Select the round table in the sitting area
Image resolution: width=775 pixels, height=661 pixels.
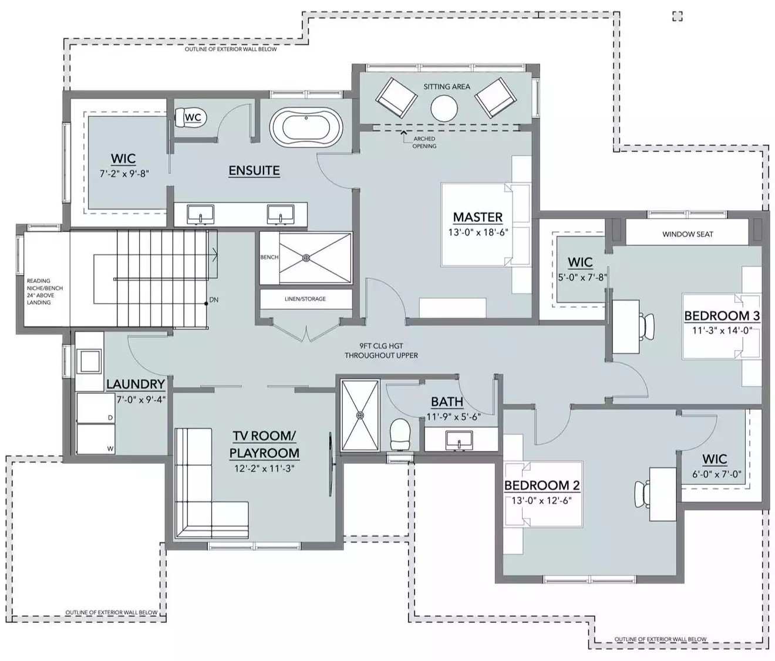[444, 108]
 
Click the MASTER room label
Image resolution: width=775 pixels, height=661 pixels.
[477, 217]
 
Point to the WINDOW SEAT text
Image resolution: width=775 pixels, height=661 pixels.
[688, 234]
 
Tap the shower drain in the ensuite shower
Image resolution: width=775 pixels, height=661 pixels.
[306, 258]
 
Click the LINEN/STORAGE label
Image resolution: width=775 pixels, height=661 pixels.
[305, 299]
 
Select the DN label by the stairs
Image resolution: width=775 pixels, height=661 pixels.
[214, 300]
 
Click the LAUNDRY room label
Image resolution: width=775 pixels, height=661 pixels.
[136, 384]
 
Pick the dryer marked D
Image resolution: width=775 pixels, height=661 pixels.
[96, 407]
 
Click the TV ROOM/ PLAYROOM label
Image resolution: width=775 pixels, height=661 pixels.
[264, 444]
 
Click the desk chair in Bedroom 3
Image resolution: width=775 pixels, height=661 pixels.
[648, 326]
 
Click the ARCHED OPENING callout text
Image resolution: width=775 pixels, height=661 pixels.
[424, 142]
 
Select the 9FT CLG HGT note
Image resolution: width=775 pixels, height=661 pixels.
[381, 350]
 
